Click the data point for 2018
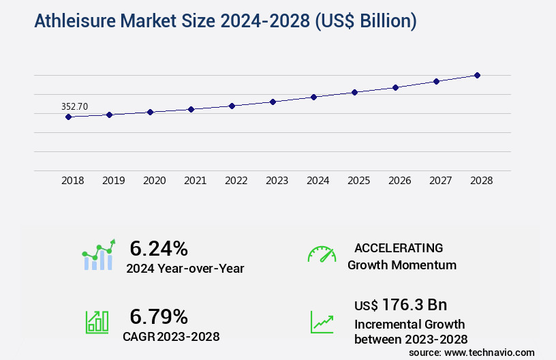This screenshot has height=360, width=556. [68, 117]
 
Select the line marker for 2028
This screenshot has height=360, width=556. [477, 75]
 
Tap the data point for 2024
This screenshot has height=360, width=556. [313, 97]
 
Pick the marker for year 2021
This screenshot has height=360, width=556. [191, 109]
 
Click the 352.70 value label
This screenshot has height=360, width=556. [74, 106]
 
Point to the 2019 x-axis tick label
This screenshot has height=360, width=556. [113, 181]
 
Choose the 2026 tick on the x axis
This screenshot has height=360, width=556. [399, 181]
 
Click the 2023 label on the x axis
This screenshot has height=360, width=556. [277, 181]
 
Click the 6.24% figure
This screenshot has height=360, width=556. [158, 248]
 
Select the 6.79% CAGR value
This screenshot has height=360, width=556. [158, 316]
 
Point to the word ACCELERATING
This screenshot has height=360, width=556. [399, 248]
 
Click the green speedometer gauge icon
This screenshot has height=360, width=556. [322, 254]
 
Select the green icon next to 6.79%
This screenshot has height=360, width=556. [97, 322]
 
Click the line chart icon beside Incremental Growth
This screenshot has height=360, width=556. [322, 322]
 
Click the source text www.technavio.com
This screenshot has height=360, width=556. [490, 352]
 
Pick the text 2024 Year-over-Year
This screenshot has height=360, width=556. [185, 268]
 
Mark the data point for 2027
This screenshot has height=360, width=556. [436, 81]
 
